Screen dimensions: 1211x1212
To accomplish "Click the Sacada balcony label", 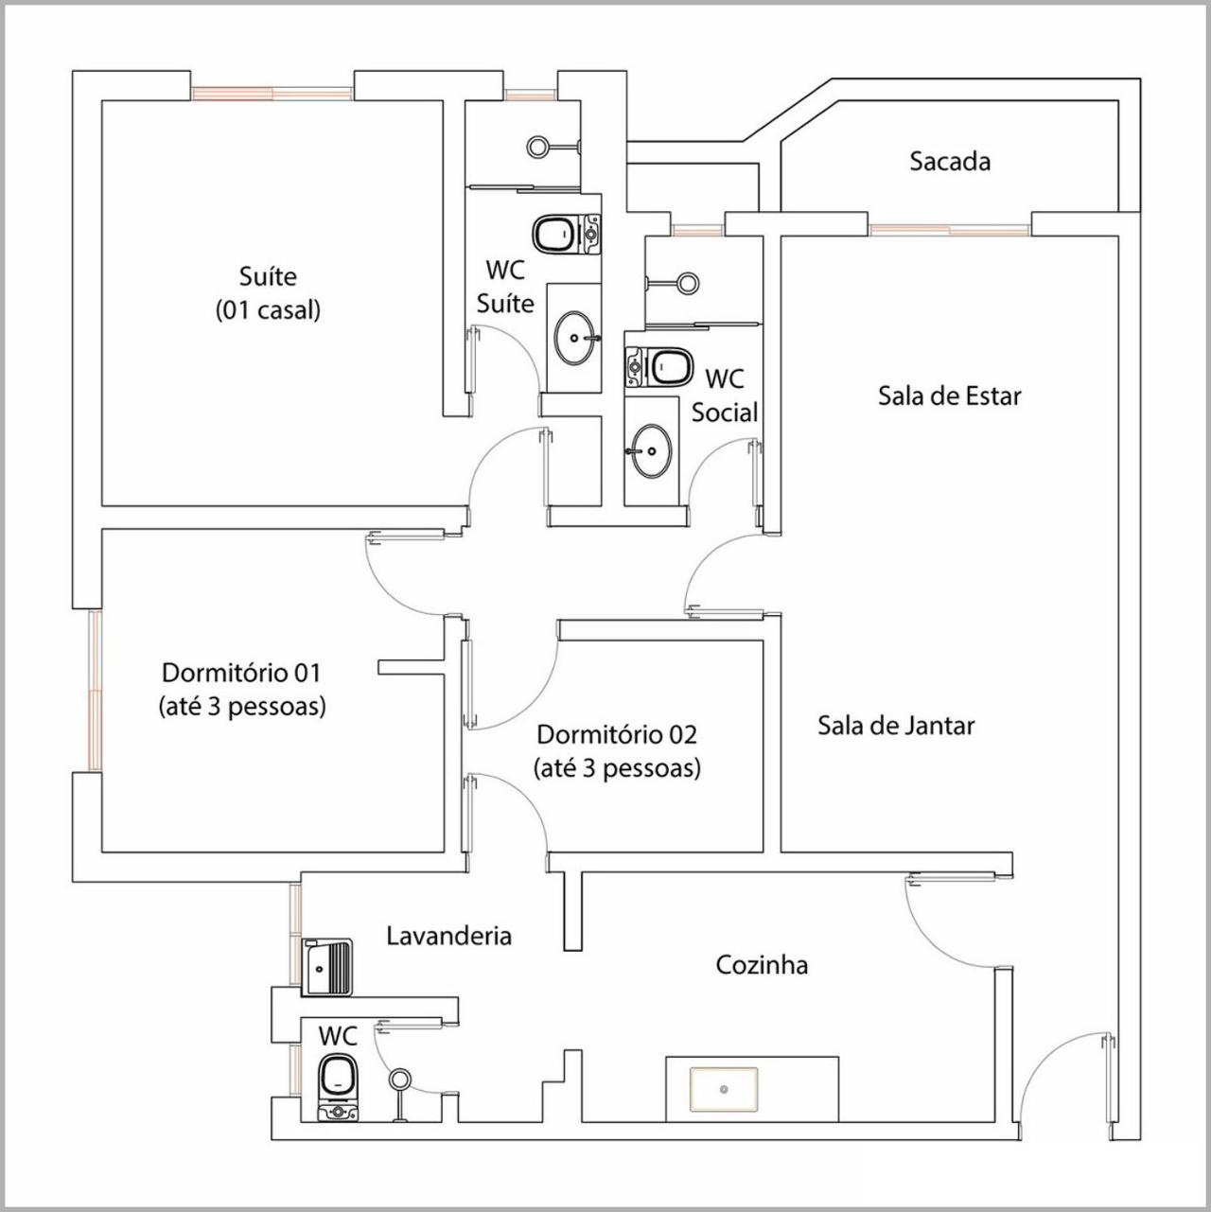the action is point(950,162).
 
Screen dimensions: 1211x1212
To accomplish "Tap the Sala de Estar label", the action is point(949,395).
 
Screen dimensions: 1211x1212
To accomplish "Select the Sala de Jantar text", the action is point(896,726).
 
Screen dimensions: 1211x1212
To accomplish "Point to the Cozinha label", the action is point(762,965).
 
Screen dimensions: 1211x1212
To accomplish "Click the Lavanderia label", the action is point(448,936).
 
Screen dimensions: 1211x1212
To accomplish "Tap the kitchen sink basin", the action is point(724,1089).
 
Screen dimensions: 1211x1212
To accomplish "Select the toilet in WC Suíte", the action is point(566,234).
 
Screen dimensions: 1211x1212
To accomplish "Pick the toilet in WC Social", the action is point(660,366).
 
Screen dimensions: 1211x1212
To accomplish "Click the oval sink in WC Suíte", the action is point(574,338).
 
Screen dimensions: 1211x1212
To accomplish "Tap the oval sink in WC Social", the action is point(652,450).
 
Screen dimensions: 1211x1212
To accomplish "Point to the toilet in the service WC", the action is point(339,1087).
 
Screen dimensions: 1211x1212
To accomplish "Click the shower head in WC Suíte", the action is point(537,147).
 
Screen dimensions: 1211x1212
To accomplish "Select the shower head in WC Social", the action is point(688,282).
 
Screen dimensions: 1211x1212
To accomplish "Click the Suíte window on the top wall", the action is point(272,94).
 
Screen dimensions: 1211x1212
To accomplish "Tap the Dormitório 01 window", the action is point(95,690).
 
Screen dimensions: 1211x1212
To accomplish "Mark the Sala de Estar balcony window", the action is point(950,230).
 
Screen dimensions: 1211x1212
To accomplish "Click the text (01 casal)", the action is point(268,310).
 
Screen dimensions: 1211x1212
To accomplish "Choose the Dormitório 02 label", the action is point(617,734).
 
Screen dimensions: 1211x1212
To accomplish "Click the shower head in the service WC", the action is point(399,1080).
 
